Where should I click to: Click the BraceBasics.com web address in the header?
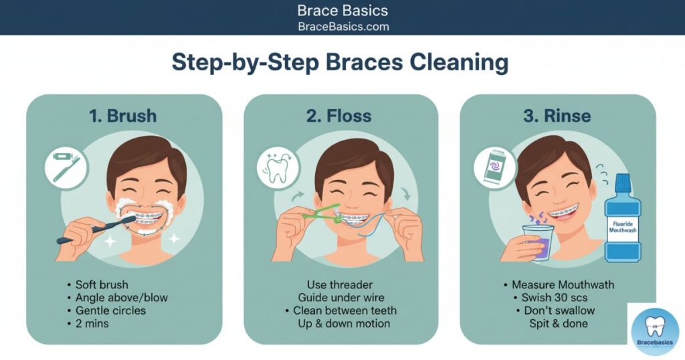point(343,27)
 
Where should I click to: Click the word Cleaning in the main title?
point(459,62)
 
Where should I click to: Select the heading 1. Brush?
point(123,116)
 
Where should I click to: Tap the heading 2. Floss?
point(339,116)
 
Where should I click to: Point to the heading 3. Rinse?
point(557,116)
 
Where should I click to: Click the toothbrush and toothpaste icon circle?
point(66,168)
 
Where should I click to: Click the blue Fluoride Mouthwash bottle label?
point(623,227)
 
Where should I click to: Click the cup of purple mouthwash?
point(539,242)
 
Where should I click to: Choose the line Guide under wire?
point(341,298)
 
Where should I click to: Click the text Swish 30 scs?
point(555,298)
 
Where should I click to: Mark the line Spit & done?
point(559,324)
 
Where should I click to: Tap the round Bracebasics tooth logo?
point(655,331)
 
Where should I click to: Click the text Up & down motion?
point(344,324)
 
